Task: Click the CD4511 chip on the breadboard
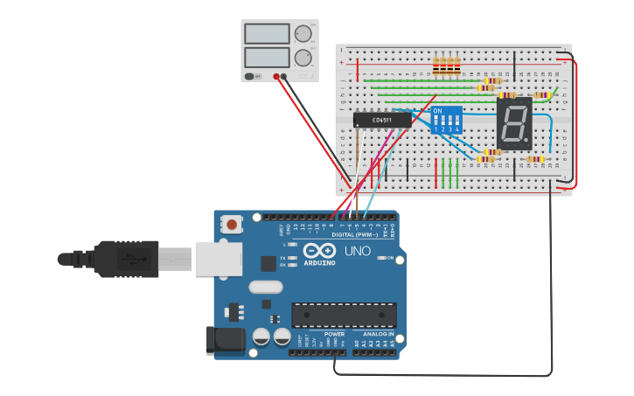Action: click(382, 120)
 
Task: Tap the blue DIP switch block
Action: click(446, 120)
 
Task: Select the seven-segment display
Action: click(514, 122)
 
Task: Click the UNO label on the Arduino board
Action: click(359, 251)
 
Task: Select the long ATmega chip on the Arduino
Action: click(344, 315)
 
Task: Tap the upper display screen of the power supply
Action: click(268, 34)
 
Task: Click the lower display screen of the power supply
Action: click(268, 58)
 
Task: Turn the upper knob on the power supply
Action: click(303, 34)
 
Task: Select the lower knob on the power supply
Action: click(303, 58)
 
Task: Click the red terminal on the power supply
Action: click(276, 77)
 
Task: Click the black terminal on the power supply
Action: click(285, 77)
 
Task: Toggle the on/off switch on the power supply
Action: click(251, 77)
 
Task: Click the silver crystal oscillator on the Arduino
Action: click(266, 287)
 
